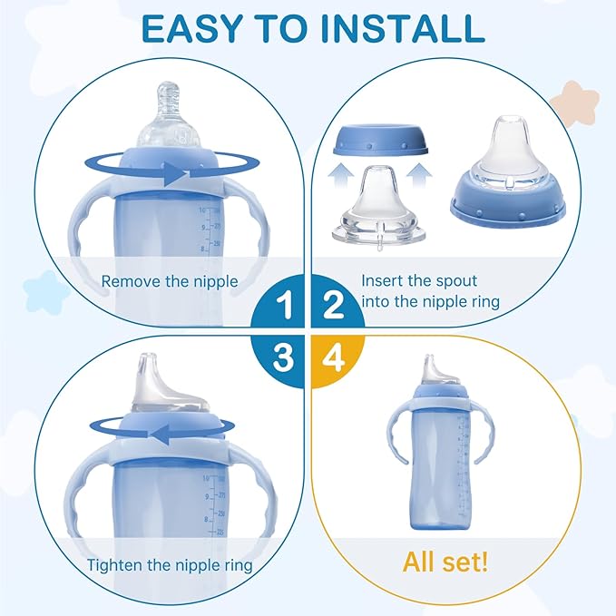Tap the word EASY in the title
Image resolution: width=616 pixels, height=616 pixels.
point(183,28)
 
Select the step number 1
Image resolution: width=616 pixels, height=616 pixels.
point(284,307)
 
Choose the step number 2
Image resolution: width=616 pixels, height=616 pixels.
point(332,307)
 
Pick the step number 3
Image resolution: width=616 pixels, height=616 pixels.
point(284,357)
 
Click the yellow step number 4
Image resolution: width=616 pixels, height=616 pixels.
point(332,357)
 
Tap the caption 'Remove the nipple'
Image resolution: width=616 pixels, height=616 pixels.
point(170,281)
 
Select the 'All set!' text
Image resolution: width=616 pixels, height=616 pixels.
point(445,562)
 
